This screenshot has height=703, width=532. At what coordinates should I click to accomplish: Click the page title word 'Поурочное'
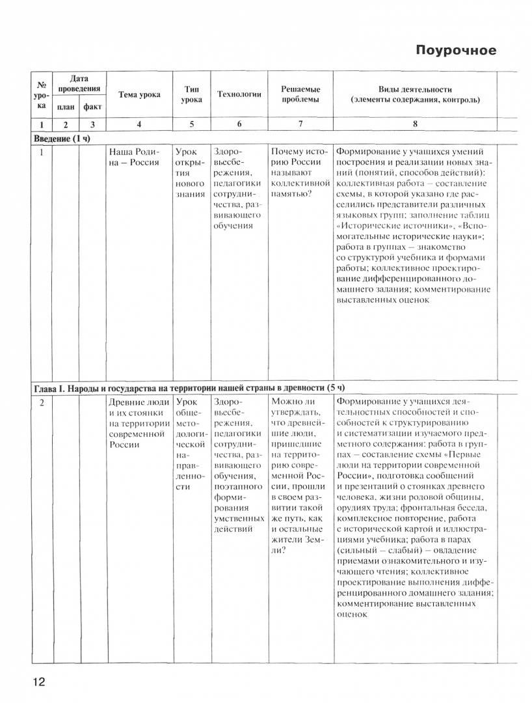click(x=455, y=50)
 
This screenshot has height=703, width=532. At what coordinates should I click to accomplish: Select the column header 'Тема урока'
click(x=140, y=94)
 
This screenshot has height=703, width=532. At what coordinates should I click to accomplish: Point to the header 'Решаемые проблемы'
click(x=300, y=94)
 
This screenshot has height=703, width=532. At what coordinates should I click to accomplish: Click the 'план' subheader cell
click(x=66, y=106)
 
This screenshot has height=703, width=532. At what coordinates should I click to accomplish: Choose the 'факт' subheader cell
click(x=92, y=106)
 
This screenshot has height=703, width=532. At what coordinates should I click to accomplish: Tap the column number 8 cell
click(x=415, y=124)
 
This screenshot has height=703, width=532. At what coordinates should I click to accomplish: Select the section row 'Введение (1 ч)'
click(x=62, y=138)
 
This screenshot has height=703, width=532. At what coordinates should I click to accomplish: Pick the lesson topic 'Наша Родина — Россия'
click(x=134, y=157)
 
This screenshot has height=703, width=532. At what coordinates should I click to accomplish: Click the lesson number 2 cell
click(x=42, y=403)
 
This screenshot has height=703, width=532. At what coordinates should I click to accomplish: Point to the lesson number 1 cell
click(x=42, y=152)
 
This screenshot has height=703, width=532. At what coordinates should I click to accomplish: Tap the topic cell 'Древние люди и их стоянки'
click(x=139, y=424)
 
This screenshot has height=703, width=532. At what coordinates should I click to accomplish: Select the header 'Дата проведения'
click(x=79, y=83)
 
